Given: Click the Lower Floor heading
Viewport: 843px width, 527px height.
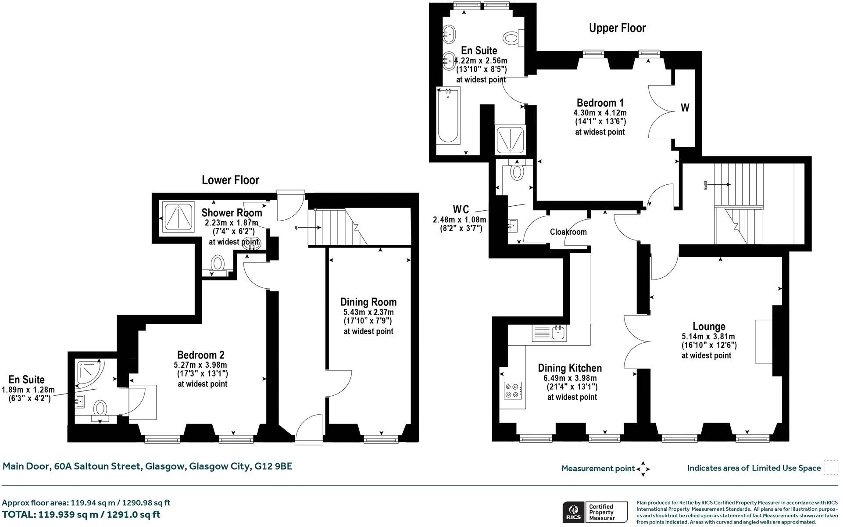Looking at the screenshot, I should [230, 180].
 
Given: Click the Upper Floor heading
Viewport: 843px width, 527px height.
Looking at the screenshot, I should [617, 28].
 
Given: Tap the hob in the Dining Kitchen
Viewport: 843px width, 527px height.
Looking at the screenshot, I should [513, 390].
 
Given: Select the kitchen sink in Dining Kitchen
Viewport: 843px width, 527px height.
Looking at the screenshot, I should [558, 333].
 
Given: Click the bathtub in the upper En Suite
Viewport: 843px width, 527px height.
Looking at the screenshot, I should [448, 115].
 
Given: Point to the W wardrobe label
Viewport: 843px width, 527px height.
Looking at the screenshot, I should [685, 108].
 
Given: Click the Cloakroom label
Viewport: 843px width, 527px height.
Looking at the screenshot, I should [568, 232].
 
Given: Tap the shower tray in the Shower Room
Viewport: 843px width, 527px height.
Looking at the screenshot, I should [178, 217].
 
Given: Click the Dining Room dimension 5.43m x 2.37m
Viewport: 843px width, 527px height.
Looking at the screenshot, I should [368, 312].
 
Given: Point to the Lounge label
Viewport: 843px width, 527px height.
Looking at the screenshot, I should [709, 326].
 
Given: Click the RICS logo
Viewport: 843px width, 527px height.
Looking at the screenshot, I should [574, 512].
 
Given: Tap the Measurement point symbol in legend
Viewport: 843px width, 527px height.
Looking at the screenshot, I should [643, 469].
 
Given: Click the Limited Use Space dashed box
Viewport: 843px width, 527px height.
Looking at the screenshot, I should [830, 467].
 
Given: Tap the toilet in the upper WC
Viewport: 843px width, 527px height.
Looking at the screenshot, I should [518, 171].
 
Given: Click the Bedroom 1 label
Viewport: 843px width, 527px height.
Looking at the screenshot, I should [600, 103].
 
